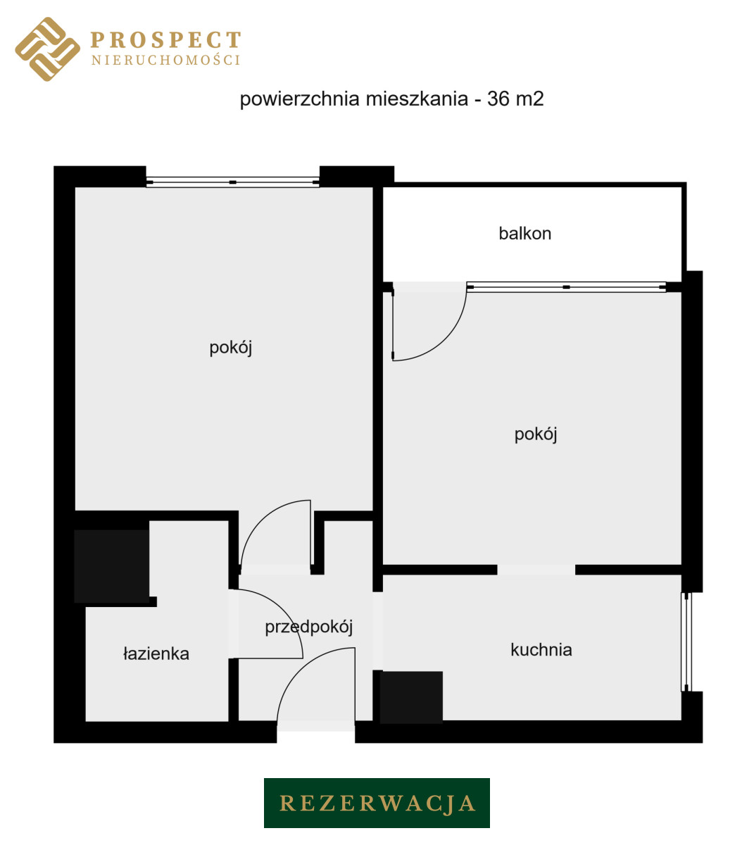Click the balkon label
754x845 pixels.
524,234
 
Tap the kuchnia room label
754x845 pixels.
541,650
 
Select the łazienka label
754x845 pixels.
156,653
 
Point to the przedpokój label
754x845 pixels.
308,627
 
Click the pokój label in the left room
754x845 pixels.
231,348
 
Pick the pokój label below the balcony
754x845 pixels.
536,434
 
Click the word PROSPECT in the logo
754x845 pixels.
165,40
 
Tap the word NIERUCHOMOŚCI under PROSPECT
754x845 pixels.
165,60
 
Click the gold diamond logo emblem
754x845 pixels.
48,49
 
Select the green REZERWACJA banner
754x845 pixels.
377,803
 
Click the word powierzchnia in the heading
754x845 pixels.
299,99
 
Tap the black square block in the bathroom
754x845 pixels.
111,566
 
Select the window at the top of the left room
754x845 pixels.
232,182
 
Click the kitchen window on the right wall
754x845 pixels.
686,642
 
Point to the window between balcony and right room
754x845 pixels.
566,287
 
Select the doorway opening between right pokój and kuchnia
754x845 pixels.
536,570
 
